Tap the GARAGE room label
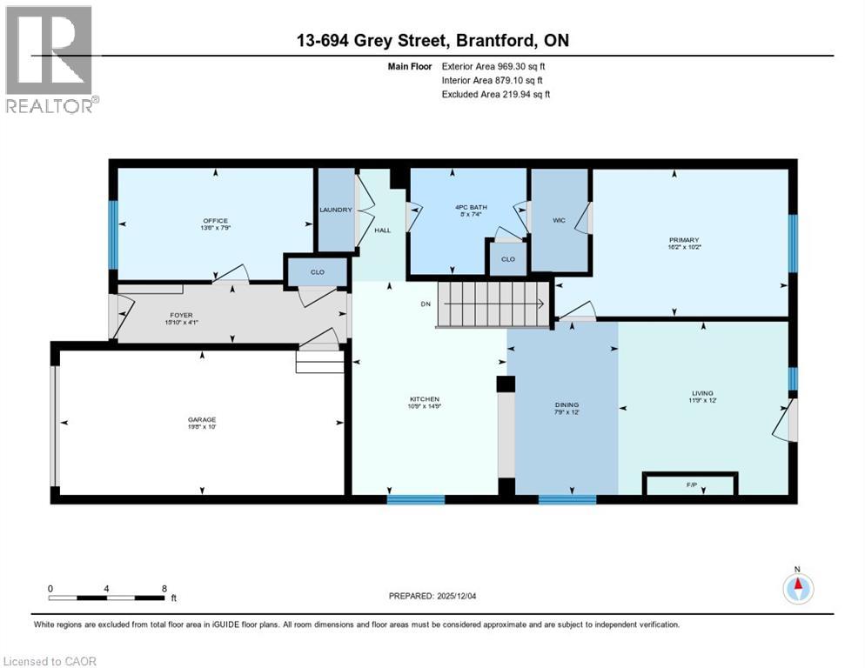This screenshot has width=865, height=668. pyautogui.click(x=202, y=419)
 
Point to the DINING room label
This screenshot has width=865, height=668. pyautogui.click(x=567, y=404)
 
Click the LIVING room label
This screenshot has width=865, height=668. pyautogui.click(x=702, y=393)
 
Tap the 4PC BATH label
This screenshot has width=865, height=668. pyautogui.click(x=471, y=207)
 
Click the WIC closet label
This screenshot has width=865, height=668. pyautogui.click(x=559, y=220)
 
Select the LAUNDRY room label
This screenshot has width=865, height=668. pyautogui.click(x=335, y=210)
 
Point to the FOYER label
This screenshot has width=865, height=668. pyautogui.click(x=181, y=315)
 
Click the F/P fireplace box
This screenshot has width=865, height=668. pyautogui.click(x=690, y=483)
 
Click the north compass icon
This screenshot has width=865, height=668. pyautogui.click(x=797, y=588)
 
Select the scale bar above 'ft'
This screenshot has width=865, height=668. pyautogui.click(x=107, y=597)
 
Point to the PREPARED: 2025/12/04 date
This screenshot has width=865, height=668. pyautogui.click(x=439, y=596)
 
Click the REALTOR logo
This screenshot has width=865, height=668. pyautogui.click(x=50, y=59)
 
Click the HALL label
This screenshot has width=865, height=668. pyautogui.click(x=383, y=231)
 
